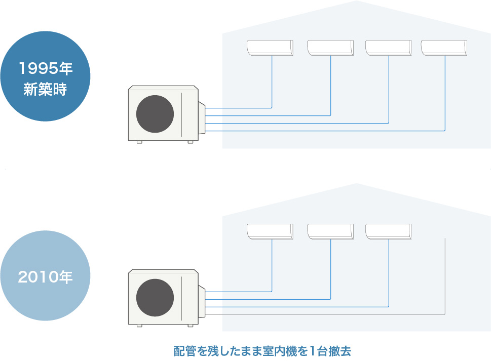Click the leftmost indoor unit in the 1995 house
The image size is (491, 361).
270,47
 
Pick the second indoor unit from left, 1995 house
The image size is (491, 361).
330,47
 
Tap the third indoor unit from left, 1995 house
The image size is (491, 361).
388,47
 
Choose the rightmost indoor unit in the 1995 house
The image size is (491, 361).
444,47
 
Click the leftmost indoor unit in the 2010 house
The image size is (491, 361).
270,231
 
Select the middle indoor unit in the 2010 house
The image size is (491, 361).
330,231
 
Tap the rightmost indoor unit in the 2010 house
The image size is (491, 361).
388,231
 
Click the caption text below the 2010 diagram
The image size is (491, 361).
262,351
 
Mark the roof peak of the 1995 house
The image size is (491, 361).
356,2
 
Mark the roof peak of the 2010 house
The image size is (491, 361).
356,185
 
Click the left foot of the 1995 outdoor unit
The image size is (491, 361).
139,141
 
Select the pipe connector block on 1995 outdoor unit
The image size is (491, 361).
202,119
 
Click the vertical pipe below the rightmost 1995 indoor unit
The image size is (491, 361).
445,91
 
